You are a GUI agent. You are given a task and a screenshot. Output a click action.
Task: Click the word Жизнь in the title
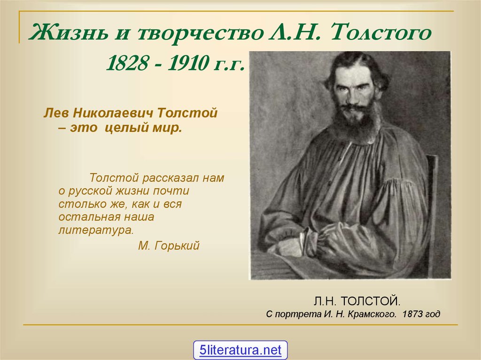69,33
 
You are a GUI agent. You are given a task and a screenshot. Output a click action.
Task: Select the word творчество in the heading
200,33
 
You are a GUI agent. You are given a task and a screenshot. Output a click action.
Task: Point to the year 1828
127,63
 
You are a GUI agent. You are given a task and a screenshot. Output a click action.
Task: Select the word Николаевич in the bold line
113,113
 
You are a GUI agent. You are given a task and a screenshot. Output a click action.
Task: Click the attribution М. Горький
169,245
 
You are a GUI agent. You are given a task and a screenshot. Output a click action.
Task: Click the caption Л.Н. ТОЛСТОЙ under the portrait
357,301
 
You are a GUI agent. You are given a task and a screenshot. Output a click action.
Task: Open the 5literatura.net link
240,350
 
